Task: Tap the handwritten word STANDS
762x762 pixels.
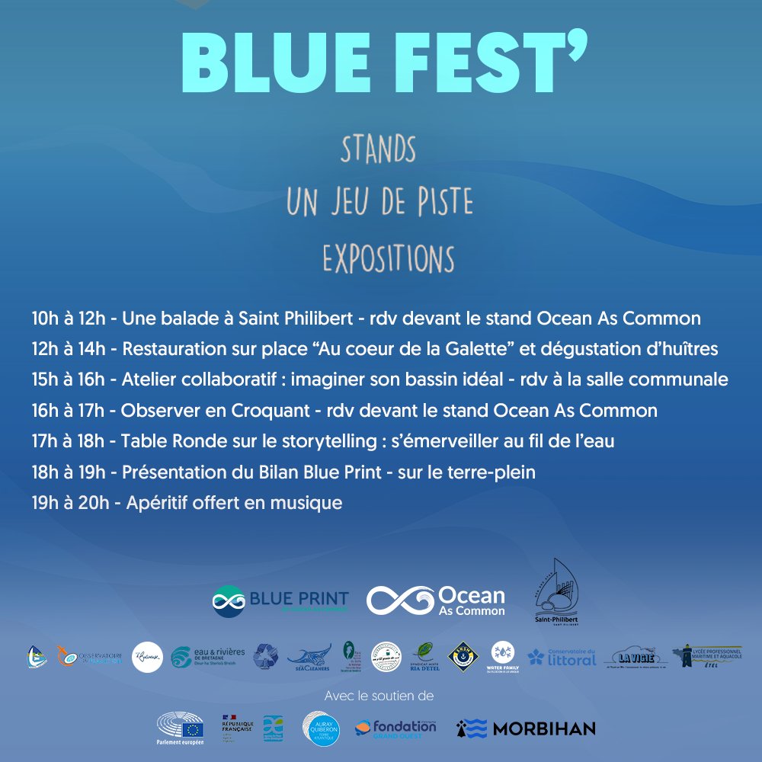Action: tap(379, 150)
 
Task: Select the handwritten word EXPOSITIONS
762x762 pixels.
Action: tap(388, 258)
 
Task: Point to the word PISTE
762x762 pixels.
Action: tap(443, 203)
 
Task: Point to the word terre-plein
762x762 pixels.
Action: tap(492, 472)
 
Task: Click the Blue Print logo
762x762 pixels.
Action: tap(280, 600)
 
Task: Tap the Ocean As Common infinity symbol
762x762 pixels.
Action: tap(399, 600)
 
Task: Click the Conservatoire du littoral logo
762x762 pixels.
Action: tap(562, 657)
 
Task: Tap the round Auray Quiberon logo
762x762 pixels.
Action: tap(320, 728)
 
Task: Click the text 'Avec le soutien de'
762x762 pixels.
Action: tap(379, 696)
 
